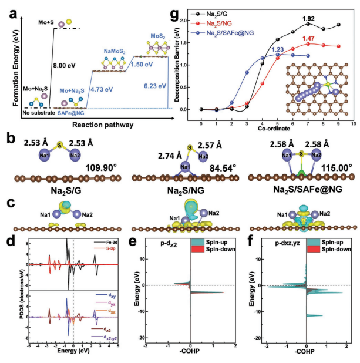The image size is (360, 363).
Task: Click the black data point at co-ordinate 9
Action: [338, 25]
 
